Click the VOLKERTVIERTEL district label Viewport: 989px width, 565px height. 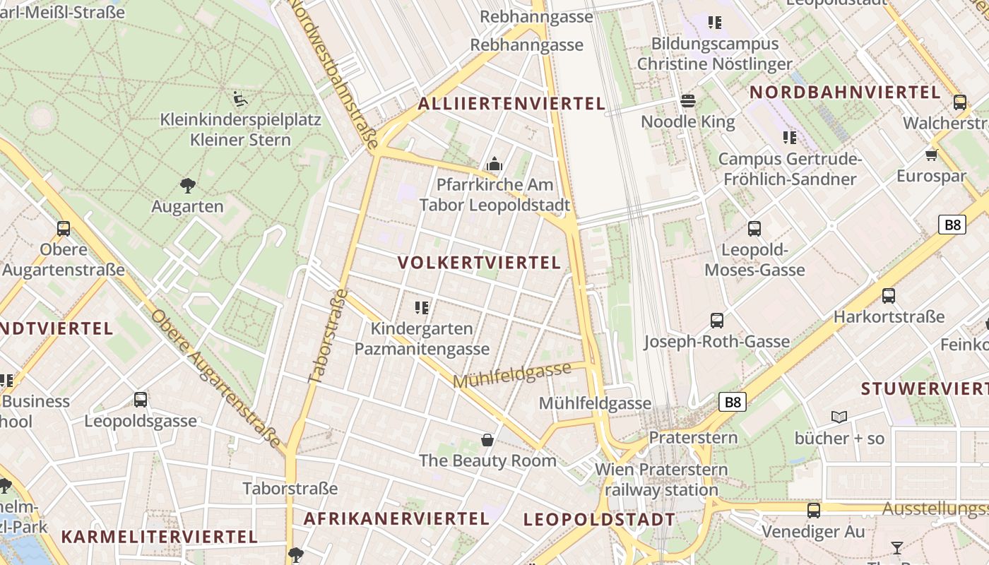(479, 263)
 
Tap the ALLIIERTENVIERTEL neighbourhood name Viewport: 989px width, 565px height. (511, 104)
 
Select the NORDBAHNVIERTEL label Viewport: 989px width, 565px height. (845, 92)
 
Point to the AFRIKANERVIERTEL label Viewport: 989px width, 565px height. (396, 518)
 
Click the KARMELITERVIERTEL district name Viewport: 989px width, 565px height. (159, 536)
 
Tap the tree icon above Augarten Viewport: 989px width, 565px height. (187, 186)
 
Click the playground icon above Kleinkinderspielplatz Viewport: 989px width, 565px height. (240, 99)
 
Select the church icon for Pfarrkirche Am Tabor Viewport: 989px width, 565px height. (494, 165)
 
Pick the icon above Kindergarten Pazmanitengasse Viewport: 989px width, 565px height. (422, 308)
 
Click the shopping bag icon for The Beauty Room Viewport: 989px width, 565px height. (487, 440)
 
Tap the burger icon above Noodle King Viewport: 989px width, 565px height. (688, 101)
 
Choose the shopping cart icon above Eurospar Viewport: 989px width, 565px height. (931, 155)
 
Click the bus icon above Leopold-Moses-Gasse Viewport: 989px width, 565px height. (754, 229)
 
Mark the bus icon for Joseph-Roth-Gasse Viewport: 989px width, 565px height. (717, 321)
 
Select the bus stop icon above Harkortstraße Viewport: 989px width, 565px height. (889, 296)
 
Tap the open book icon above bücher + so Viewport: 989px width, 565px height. (839, 417)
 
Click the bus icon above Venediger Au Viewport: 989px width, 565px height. (814, 511)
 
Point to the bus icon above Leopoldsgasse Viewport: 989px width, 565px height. (141, 400)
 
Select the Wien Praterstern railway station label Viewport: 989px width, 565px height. (661, 480)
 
